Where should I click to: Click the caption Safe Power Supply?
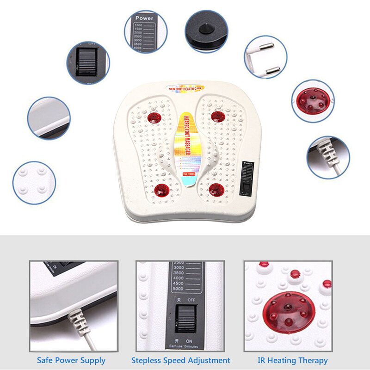pos(71,360)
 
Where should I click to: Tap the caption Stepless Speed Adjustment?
pos(180,360)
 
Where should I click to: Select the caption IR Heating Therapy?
pos(292,360)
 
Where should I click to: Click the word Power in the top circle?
pos(144,19)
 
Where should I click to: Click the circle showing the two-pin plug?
pos(265,57)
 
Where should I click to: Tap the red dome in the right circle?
pos(313,100)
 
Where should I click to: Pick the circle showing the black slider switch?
pos(87,63)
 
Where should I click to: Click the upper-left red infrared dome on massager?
pos(154,118)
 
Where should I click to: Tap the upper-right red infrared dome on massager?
pos(218,117)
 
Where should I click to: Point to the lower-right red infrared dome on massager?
pos(216,189)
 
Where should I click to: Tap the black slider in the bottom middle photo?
pos(186,318)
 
